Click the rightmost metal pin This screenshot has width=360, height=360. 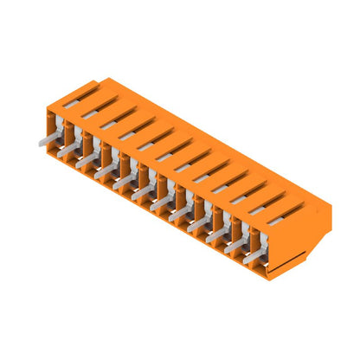tap(253, 256)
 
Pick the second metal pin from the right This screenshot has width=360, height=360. tap(235, 245)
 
